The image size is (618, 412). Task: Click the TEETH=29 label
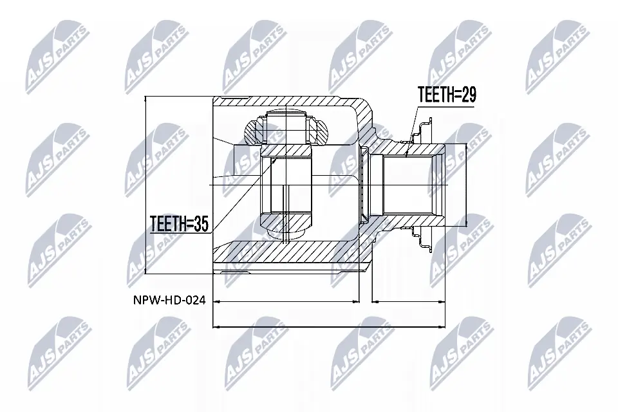coord(446,96)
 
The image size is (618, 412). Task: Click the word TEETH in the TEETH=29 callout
coord(435,96)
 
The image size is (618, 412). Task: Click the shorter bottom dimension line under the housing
coord(286,301)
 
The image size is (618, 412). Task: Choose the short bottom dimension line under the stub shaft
coord(408,301)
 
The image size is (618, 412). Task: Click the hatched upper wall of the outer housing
coord(290,103)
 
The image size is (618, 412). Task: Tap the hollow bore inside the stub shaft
coord(412,186)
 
